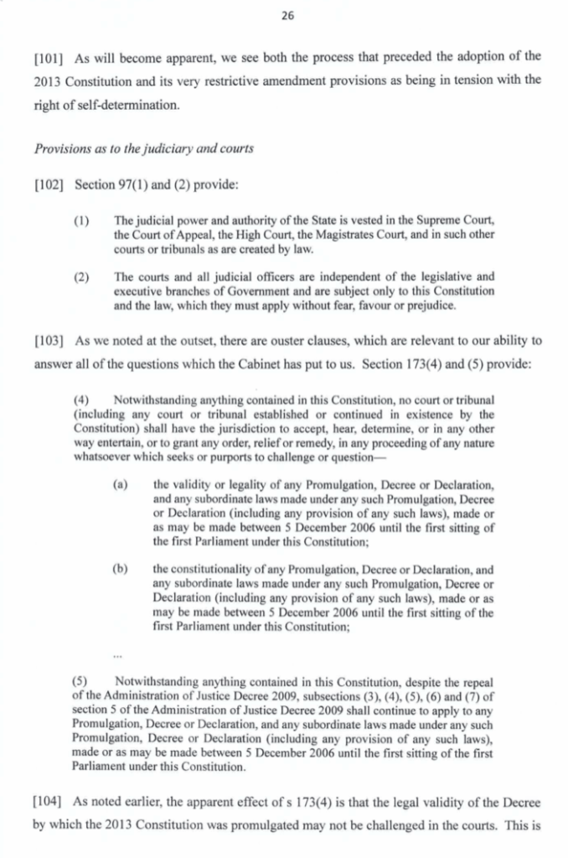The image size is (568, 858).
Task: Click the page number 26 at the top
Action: click(284, 15)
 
